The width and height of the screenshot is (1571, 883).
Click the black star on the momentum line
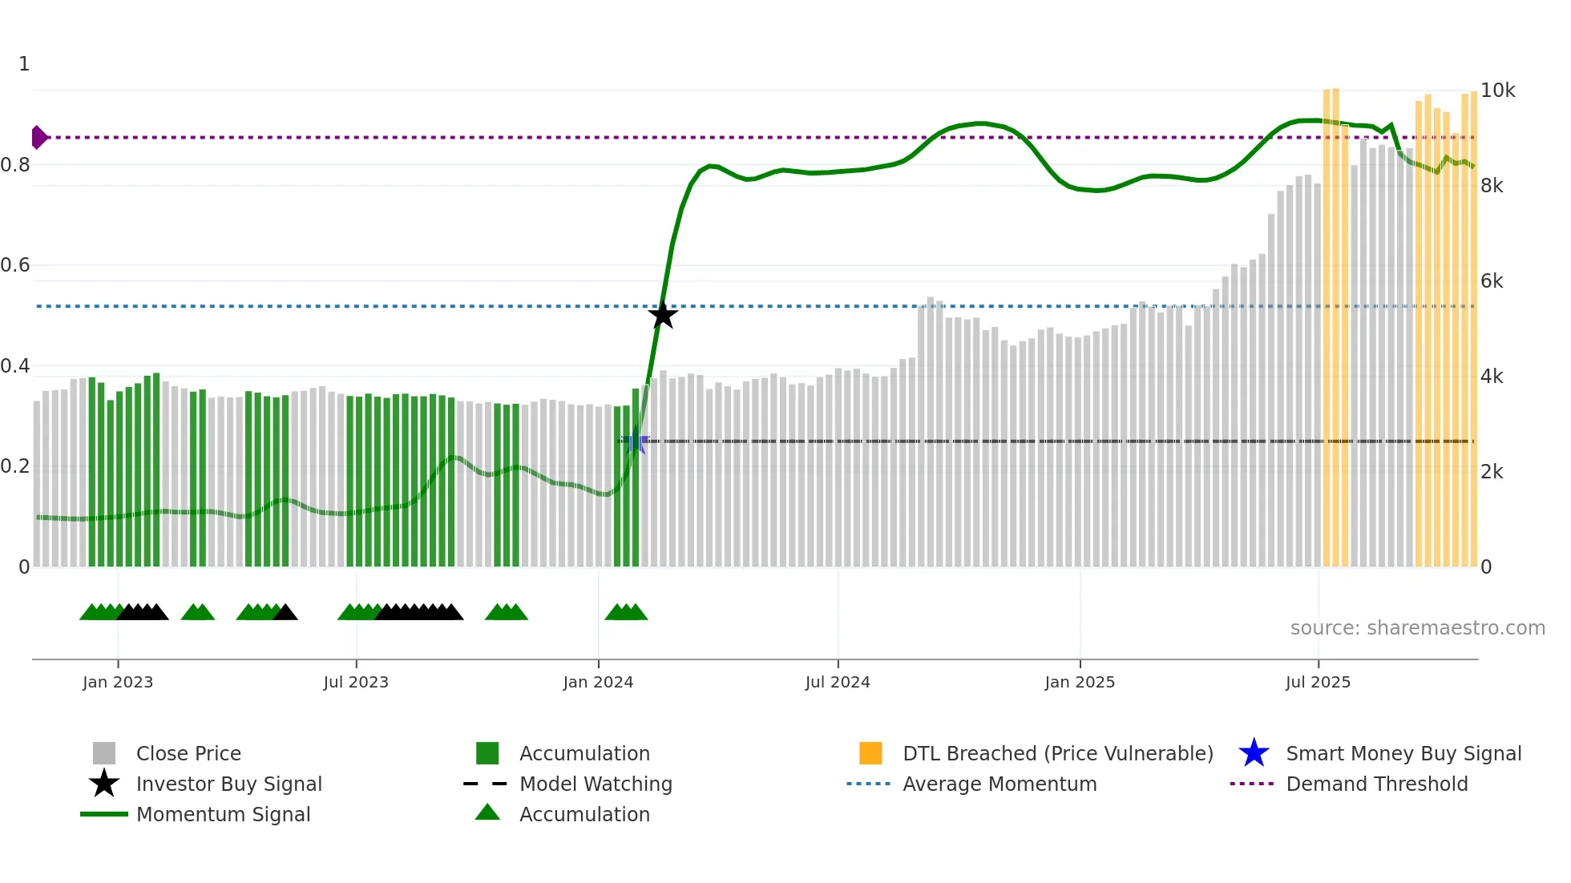[x=663, y=315]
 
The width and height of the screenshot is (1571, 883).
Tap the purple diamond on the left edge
[x=38, y=138]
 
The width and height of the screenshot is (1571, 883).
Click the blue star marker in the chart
[x=636, y=441]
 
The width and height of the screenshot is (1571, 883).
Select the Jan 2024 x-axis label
[x=598, y=682]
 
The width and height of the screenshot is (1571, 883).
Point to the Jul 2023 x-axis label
[x=356, y=682]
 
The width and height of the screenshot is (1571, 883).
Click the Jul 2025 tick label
[x=1318, y=682]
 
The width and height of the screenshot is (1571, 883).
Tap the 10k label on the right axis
[x=1497, y=91]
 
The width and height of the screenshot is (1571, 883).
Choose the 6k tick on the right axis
[x=1492, y=281]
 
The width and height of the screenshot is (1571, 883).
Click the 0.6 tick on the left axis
[x=16, y=265]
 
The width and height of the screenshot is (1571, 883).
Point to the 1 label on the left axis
[x=24, y=64]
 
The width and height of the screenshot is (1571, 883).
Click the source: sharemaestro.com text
[x=1417, y=628]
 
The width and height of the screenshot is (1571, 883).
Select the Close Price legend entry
[x=188, y=753]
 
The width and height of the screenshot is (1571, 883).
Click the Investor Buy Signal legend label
[x=228, y=784]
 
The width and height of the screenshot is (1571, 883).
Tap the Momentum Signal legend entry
[x=223, y=814]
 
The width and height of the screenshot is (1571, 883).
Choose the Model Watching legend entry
[x=596, y=784]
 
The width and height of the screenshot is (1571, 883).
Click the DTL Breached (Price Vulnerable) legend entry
[x=1057, y=753]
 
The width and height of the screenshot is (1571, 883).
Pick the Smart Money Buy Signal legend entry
[x=1403, y=753]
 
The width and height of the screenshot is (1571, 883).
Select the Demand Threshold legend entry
[x=1376, y=784]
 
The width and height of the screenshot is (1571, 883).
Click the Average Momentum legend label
[x=1000, y=784]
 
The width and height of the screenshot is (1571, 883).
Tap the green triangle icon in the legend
[x=487, y=812]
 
